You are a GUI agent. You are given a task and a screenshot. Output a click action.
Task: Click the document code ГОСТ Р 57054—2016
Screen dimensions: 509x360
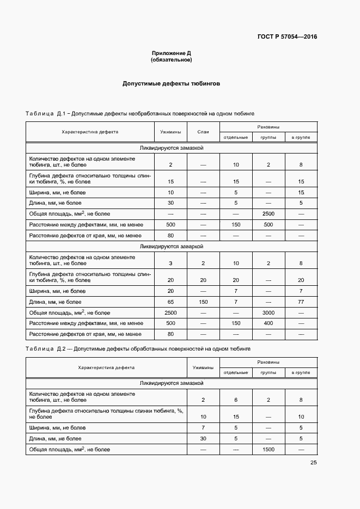tap(287, 37)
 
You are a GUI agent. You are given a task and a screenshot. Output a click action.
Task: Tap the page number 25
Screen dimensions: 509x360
tap(313, 463)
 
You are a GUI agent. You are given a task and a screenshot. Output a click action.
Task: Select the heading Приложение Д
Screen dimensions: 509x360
tap(171, 53)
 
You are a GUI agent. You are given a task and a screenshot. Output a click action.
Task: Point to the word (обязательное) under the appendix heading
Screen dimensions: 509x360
tap(171, 60)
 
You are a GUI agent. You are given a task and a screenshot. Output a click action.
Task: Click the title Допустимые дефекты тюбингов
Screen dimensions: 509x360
tap(171, 84)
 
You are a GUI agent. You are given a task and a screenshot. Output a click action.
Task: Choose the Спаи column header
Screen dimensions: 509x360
tap(203, 132)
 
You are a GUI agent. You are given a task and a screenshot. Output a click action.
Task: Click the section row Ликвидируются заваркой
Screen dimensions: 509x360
tap(171, 246)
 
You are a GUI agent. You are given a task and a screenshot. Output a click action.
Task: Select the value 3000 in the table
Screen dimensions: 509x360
tap(269, 313)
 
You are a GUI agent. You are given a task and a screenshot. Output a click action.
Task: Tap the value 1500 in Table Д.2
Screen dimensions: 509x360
tap(269, 449)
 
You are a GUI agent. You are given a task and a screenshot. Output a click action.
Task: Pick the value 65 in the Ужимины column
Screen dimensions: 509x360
tap(170, 302)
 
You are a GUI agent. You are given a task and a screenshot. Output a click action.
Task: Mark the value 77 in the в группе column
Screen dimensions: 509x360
tap(301, 302)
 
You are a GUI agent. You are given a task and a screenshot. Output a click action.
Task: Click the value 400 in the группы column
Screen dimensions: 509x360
tap(269, 323)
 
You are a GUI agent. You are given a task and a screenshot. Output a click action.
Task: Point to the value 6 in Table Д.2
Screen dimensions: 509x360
tap(236, 400)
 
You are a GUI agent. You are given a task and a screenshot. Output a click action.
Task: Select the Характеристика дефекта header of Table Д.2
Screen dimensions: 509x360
tap(106, 367)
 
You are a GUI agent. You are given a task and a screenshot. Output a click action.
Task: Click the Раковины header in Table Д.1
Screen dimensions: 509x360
tap(268, 127)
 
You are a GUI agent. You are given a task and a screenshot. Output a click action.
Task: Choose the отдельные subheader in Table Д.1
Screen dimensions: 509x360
tap(236, 137)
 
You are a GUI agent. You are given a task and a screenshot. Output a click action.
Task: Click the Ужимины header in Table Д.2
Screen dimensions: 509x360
tap(203, 367)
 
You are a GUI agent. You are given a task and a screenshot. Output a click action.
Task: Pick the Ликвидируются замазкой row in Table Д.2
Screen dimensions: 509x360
tap(171, 383)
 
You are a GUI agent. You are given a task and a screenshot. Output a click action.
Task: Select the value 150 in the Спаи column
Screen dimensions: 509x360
tap(203, 302)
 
